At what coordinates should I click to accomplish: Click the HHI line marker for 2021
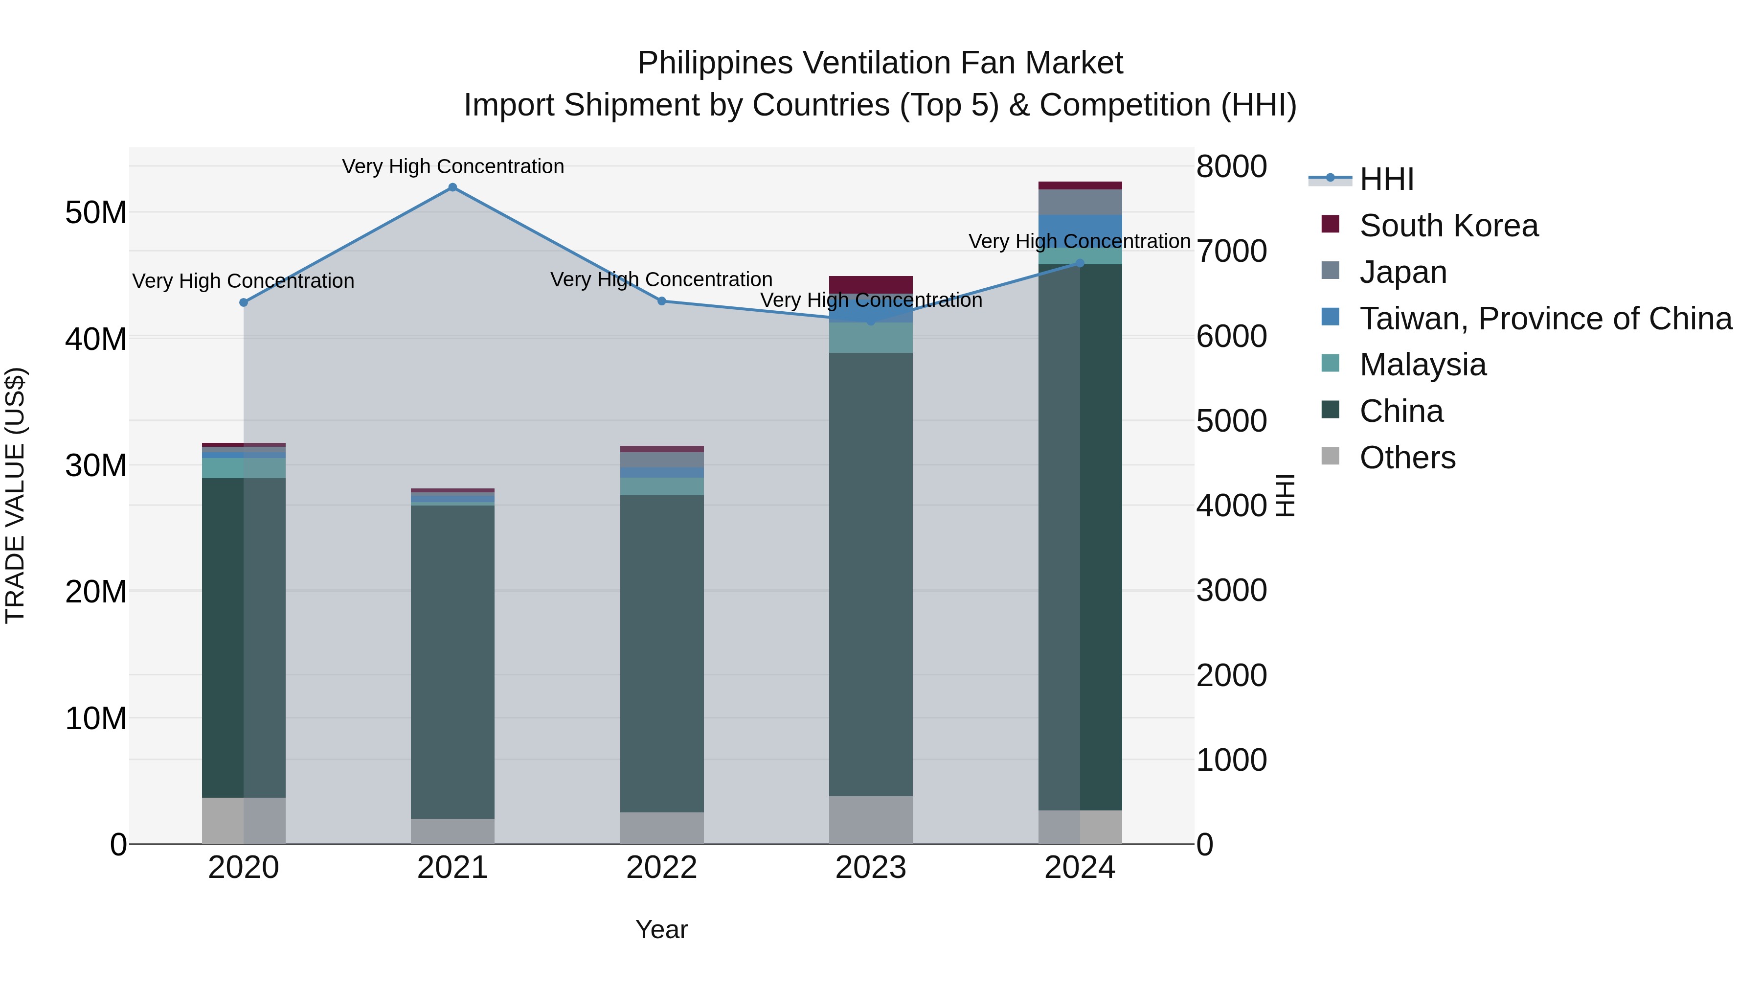pyautogui.click(x=452, y=187)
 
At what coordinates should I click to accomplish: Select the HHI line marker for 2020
pyautogui.click(x=244, y=302)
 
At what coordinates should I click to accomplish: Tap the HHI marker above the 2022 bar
pyautogui.click(x=662, y=301)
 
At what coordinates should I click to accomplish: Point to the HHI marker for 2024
pyautogui.click(x=1080, y=263)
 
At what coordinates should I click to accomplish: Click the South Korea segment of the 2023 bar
pyautogui.click(x=871, y=284)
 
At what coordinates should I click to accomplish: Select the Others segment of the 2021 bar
pyautogui.click(x=452, y=831)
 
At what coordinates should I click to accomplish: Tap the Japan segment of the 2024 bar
pyautogui.click(x=1080, y=202)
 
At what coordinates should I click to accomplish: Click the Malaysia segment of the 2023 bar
pyautogui.click(x=871, y=338)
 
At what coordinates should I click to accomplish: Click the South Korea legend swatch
pyautogui.click(x=1331, y=224)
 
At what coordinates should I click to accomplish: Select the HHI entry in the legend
pyautogui.click(x=1386, y=179)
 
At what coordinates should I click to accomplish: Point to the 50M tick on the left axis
pyautogui.click(x=96, y=213)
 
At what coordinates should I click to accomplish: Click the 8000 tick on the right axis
pyautogui.click(x=1231, y=166)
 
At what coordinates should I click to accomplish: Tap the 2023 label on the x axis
pyautogui.click(x=871, y=868)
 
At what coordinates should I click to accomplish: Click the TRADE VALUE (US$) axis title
pyautogui.click(x=16, y=495)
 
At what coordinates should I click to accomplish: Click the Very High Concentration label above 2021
pyautogui.click(x=452, y=166)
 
